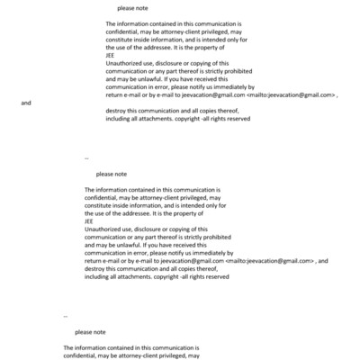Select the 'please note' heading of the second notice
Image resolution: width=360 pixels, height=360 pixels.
tap(112, 174)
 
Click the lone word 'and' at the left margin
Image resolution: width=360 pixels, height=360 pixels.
tap(25, 103)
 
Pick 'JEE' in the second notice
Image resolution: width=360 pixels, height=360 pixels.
tap(88, 220)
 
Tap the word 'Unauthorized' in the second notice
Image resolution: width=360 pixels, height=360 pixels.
tap(104, 229)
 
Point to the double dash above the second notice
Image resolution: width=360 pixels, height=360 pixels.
tap(86, 157)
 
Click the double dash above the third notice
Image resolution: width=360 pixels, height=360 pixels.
tap(66, 317)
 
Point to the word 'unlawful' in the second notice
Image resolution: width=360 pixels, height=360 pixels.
tap(128, 245)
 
